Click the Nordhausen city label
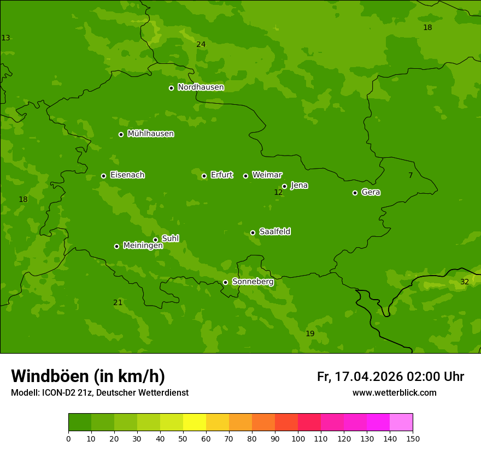click(201, 87)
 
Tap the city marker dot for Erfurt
click(204, 176)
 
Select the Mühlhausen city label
click(150, 134)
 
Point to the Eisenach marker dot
click(103, 176)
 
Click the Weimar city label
click(267, 175)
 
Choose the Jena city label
click(299, 186)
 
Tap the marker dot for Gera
click(355, 193)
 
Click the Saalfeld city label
click(274, 232)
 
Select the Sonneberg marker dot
click(225, 282)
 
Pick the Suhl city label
click(170, 239)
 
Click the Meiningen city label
click(143, 246)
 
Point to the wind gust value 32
click(465, 282)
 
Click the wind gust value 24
click(201, 44)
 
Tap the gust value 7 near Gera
click(410, 175)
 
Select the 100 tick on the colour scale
click(298, 438)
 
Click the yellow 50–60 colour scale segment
click(195, 422)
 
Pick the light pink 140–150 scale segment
click(401, 422)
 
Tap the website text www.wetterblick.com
click(394, 393)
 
